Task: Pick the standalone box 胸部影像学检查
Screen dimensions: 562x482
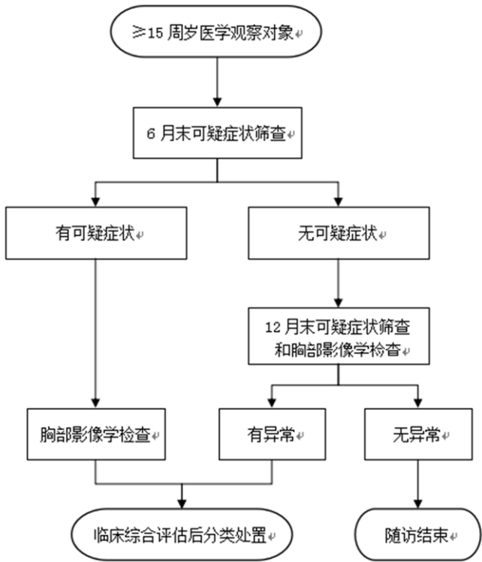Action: pos(96,434)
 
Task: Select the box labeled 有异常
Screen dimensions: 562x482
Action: pos(272,434)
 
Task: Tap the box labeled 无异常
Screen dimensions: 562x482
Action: pos(417,434)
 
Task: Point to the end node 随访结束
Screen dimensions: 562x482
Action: pos(417,534)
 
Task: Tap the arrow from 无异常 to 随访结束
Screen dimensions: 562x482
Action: pos(417,484)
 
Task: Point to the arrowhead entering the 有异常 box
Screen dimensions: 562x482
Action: pos(272,403)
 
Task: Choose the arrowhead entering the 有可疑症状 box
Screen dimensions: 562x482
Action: pos(96,202)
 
